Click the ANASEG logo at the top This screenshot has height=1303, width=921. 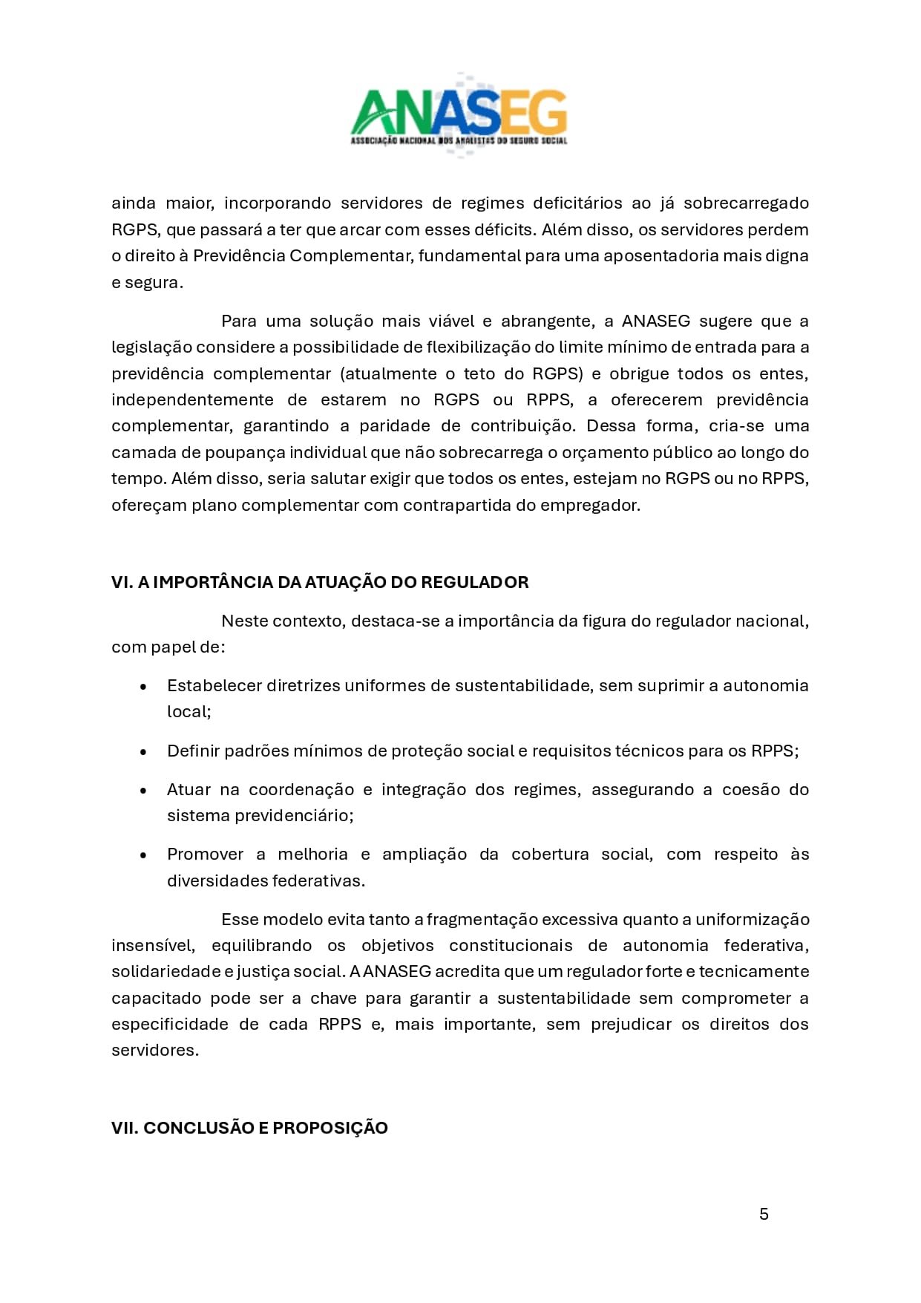pyautogui.click(x=459, y=115)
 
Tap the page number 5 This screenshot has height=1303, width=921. pyautogui.click(x=764, y=1214)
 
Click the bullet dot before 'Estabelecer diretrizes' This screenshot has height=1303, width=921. pyautogui.click(x=143, y=687)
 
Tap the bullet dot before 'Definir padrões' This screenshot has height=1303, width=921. pyautogui.click(x=143, y=751)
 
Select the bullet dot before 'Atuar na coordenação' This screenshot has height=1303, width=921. pyautogui.click(x=143, y=790)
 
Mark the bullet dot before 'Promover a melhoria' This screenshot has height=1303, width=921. pyautogui.click(x=143, y=855)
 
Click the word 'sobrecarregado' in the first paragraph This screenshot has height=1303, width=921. pyautogui.click(x=746, y=203)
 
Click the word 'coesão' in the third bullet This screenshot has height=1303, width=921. pyautogui.click(x=750, y=789)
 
